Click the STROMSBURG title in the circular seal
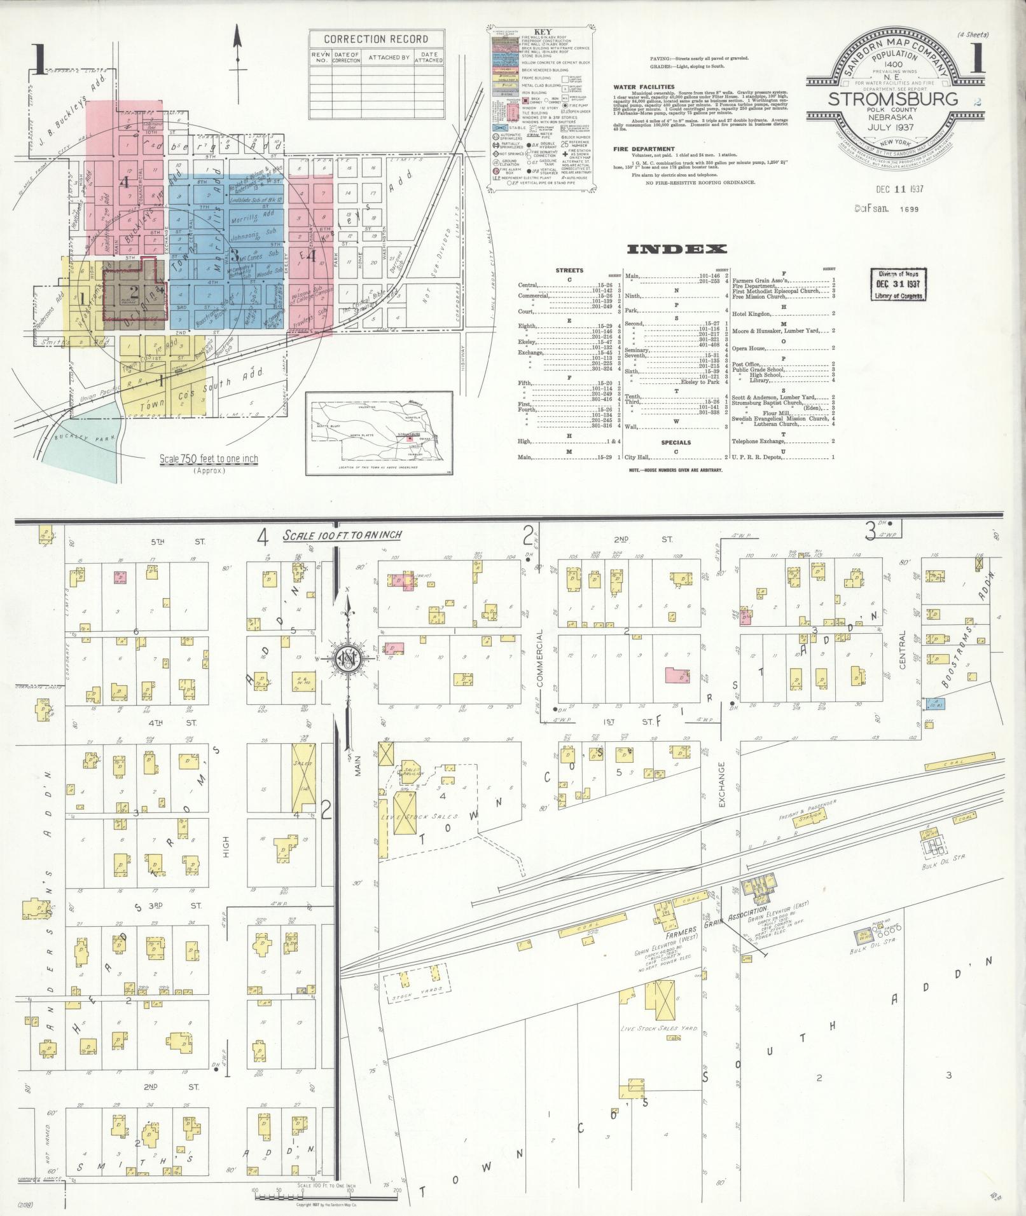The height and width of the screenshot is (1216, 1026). click(x=892, y=99)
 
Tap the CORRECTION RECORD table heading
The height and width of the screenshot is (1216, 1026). click(x=377, y=39)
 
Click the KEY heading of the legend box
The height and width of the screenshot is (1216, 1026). click(x=543, y=31)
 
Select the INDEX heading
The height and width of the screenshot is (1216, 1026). click(x=676, y=249)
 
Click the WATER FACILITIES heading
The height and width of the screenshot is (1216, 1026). click(x=644, y=86)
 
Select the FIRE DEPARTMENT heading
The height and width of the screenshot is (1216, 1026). click(x=644, y=149)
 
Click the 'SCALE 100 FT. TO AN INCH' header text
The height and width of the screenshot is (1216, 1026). click(x=342, y=535)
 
